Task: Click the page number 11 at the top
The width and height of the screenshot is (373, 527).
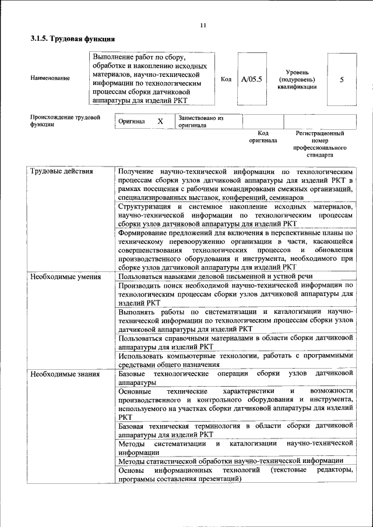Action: tap(203, 25)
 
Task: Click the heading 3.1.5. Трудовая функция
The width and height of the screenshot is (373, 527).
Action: tap(72, 39)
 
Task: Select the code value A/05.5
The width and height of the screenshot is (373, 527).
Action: tap(252, 79)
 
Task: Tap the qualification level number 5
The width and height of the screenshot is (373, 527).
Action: tap(342, 79)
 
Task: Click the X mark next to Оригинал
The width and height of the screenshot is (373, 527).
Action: tap(160, 122)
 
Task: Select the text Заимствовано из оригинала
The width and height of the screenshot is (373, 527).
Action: tap(200, 121)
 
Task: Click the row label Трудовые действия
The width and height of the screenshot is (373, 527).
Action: tap(61, 172)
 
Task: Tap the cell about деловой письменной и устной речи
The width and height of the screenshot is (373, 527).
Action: tap(216, 277)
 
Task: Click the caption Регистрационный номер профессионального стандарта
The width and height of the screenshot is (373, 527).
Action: tap(320, 144)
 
